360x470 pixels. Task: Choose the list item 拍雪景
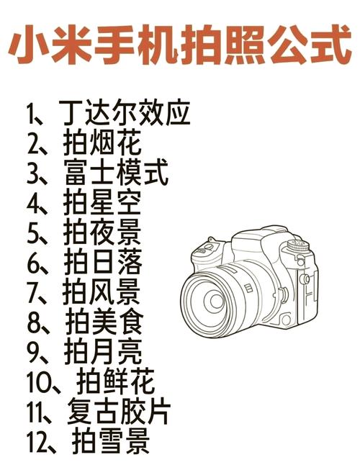tap(112, 441)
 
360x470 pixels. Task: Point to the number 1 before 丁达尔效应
tap(30, 114)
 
